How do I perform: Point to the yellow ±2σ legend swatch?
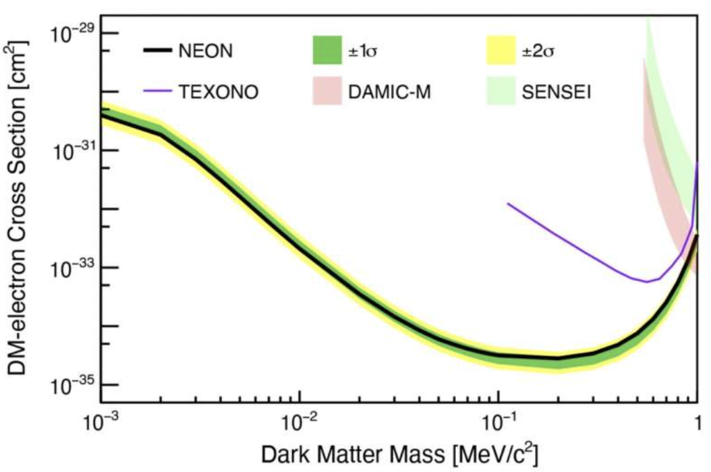tap(502, 51)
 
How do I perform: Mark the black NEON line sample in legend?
tap(160, 51)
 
